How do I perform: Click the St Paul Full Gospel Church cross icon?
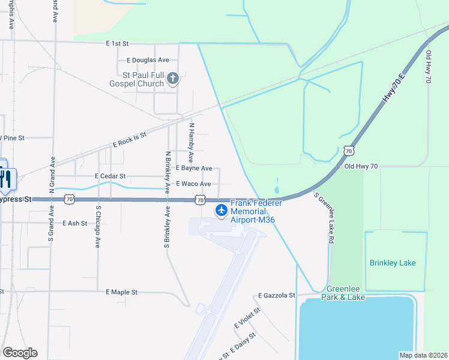tap(173, 78)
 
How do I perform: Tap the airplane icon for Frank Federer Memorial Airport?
tap(221, 210)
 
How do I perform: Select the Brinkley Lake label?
tap(393, 263)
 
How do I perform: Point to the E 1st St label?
tap(118, 44)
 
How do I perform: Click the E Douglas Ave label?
tap(148, 60)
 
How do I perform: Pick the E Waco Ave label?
tap(193, 184)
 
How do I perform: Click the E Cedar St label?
tap(110, 176)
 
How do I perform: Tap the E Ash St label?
tap(74, 223)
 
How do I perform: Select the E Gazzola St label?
tap(277, 295)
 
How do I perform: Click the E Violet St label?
tap(247, 319)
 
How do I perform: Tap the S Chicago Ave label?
tap(97, 227)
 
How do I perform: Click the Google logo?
tap(20, 353)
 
